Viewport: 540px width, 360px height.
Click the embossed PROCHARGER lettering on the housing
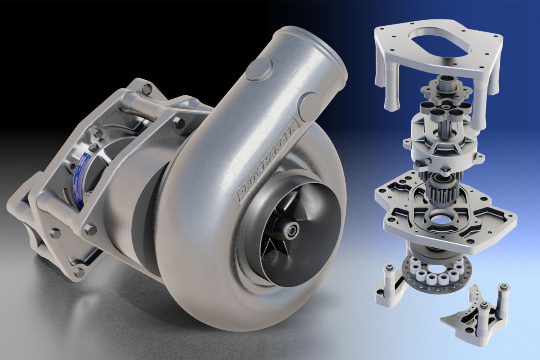pos(268,162)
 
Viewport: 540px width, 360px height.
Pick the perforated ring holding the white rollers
pos(436,274)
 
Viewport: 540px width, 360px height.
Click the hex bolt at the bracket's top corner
pos(146,89)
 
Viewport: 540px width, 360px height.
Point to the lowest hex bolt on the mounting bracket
pos(78,272)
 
